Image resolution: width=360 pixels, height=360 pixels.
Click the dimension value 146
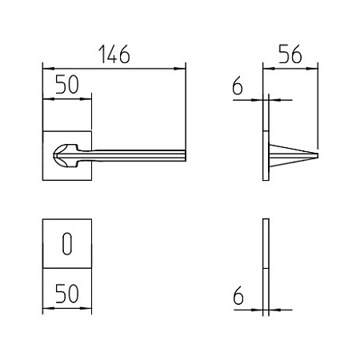114,54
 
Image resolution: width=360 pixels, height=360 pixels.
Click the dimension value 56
290,54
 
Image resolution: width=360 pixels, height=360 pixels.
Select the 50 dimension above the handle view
67,84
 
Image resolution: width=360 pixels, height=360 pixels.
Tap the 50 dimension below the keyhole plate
67,294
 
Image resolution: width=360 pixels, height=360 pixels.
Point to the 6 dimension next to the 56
238,86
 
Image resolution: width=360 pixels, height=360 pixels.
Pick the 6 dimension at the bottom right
238,295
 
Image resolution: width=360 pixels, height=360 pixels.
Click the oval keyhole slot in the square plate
67,244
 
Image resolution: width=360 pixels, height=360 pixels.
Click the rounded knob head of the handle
66,156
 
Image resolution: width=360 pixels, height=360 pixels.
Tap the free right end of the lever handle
185,155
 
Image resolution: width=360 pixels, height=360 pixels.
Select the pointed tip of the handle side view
318,155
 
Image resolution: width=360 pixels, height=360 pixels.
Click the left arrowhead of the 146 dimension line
49,69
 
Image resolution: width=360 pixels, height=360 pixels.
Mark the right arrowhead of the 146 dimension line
179,69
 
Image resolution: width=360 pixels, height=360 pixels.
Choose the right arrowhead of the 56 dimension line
312,69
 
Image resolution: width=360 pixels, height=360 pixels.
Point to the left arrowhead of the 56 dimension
269,69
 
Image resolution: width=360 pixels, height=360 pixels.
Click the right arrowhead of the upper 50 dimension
86,99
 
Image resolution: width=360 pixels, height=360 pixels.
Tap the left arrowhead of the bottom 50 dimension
49,309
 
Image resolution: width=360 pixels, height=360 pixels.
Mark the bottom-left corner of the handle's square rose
43,180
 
